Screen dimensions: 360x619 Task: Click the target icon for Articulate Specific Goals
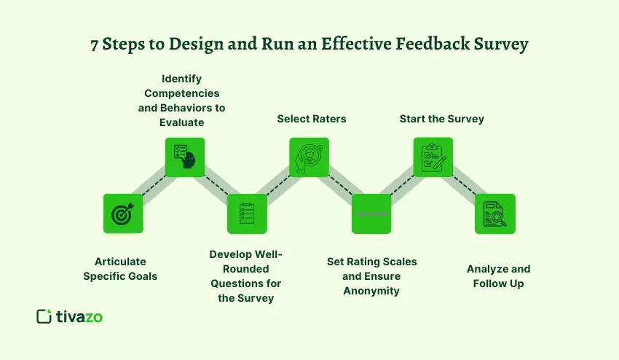[123, 214]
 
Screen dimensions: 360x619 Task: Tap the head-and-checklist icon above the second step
[185, 157]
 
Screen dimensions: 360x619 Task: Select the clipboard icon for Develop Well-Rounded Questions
[247, 214]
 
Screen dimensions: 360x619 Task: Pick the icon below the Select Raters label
[309, 157]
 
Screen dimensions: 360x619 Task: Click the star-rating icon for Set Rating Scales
[371, 214]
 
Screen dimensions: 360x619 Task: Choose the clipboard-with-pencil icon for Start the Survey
[433, 157]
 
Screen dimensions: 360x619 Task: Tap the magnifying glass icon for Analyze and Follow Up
[494, 214]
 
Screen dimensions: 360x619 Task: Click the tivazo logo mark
[44, 316]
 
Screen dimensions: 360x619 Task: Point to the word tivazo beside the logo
[79, 316]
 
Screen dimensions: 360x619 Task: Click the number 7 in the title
[95, 44]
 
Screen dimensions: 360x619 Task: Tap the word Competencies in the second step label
[181, 93]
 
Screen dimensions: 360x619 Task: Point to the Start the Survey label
[441, 118]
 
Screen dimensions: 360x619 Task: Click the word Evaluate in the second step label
[181, 122]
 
